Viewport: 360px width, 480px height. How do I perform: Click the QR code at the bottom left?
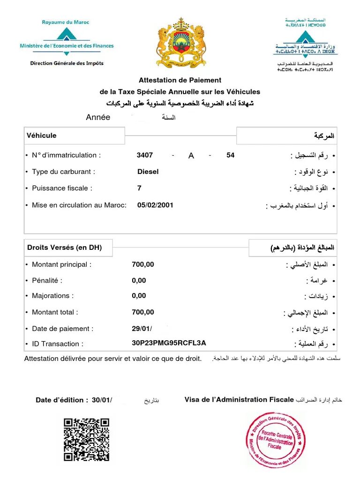click(x=87, y=439)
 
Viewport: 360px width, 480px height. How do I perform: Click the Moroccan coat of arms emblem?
click(x=181, y=43)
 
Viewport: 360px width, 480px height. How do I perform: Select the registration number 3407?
click(x=145, y=155)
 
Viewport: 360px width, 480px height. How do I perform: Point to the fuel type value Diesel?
click(x=148, y=172)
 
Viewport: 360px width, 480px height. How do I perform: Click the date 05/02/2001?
click(x=155, y=205)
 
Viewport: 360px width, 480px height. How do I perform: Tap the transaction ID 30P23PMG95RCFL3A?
click(x=169, y=343)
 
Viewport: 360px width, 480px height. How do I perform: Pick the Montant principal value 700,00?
click(x=143, y=264)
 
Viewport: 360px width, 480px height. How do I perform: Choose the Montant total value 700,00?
click(x=143, y=312)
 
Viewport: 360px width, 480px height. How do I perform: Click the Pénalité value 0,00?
click(x=139, y=280)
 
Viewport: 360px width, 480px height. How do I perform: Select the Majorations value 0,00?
click(x=139, y=295)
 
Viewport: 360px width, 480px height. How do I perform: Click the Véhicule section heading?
click(x=42, y=135)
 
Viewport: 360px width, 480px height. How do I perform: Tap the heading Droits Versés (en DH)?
click(x=64, y=247)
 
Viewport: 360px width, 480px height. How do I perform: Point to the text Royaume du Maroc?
click(x=66, y=22)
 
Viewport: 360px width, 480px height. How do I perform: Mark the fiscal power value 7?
click(x=139, y=188)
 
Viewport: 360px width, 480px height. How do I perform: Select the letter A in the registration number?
click(x=191, y=156)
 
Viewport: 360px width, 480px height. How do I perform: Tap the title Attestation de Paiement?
click(x=180, y=80)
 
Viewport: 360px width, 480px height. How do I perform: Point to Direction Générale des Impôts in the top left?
click(x=67, y=63)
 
